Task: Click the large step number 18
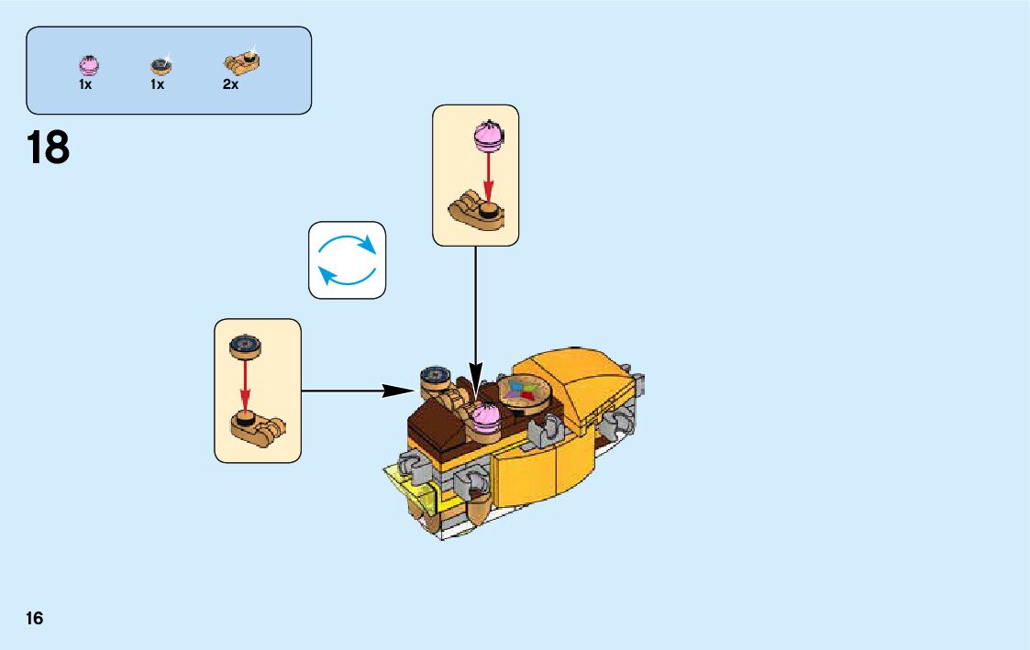[49, 148]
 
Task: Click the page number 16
[35, 618]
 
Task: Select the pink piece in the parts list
[89, 65]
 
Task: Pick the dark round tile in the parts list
[161, 65]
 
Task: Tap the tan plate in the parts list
[241, 62]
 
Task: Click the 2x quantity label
[230, 84]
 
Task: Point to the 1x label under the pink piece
[85, 84]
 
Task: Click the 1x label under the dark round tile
[157, 84]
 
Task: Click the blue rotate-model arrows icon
[347, 259]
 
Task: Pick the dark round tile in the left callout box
[245, 346]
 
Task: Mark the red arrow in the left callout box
[245, 386]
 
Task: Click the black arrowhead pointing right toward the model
[398, 391]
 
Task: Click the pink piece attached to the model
[485, 421]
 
